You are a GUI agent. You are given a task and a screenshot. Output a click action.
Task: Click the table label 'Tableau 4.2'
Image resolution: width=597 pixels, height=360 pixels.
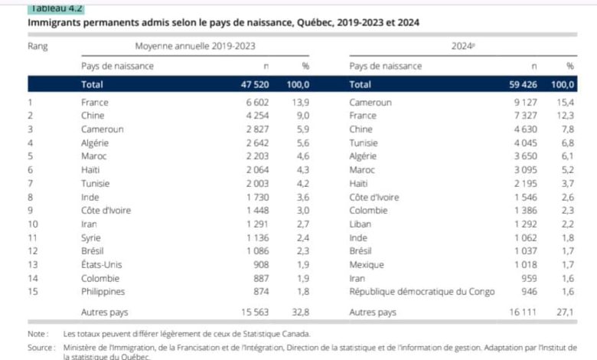point(56,8)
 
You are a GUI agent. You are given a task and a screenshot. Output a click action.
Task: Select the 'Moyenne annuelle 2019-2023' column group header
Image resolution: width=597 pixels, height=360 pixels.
point(195,46)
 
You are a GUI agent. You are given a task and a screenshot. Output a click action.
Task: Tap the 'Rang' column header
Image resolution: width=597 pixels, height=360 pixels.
point(38,46)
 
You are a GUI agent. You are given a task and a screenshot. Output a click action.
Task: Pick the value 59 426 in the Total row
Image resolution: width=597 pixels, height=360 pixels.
point(526,84)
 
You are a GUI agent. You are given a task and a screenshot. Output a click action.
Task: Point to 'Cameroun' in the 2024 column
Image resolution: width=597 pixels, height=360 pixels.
point(370,103)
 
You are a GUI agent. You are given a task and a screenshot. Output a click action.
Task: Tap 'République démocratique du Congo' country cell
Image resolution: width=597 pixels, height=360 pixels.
point(422,291)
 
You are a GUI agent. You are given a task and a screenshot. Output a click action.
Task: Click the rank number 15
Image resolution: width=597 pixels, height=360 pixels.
point(33,291)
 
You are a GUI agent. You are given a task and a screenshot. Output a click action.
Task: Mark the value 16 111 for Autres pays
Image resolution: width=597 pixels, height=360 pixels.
point(527,313)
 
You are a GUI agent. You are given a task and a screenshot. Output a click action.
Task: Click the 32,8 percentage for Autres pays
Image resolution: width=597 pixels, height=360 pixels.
point(301,313)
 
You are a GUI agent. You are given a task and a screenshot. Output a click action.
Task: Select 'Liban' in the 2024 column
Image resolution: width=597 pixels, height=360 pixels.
point(361,224)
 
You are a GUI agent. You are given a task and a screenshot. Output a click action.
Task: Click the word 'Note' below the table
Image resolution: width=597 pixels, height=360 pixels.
point(37,334)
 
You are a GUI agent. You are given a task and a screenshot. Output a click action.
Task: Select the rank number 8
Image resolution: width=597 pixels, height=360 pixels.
point(31,197)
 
